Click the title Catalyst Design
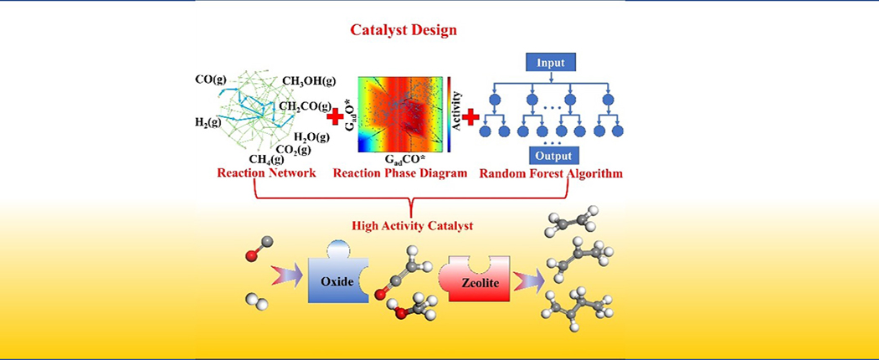click(404, 30)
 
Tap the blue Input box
click(552, 62)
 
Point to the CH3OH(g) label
click(309, 82)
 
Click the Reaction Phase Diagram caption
click(399, 174)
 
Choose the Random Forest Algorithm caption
click(551, 174)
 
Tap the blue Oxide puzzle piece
click(338, 280)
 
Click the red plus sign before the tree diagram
click(471, 116)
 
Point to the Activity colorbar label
click(457, 113)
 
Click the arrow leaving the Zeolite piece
click(528, 279)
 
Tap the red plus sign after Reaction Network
click(335, 116)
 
